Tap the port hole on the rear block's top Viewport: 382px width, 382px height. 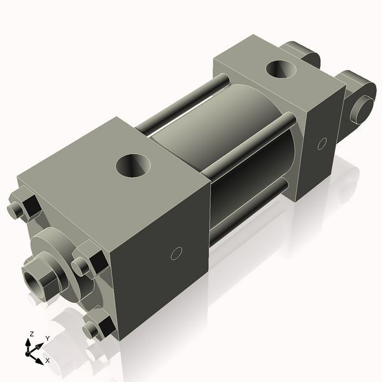coord(281,68)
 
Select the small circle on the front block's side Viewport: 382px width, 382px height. coord(178,254)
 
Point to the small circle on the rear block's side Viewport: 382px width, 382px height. coord(322,143)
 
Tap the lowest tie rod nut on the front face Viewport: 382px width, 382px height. coord(98,327)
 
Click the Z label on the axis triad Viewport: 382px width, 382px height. coord(31,334)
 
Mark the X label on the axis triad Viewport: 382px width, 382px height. coord(47,360)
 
